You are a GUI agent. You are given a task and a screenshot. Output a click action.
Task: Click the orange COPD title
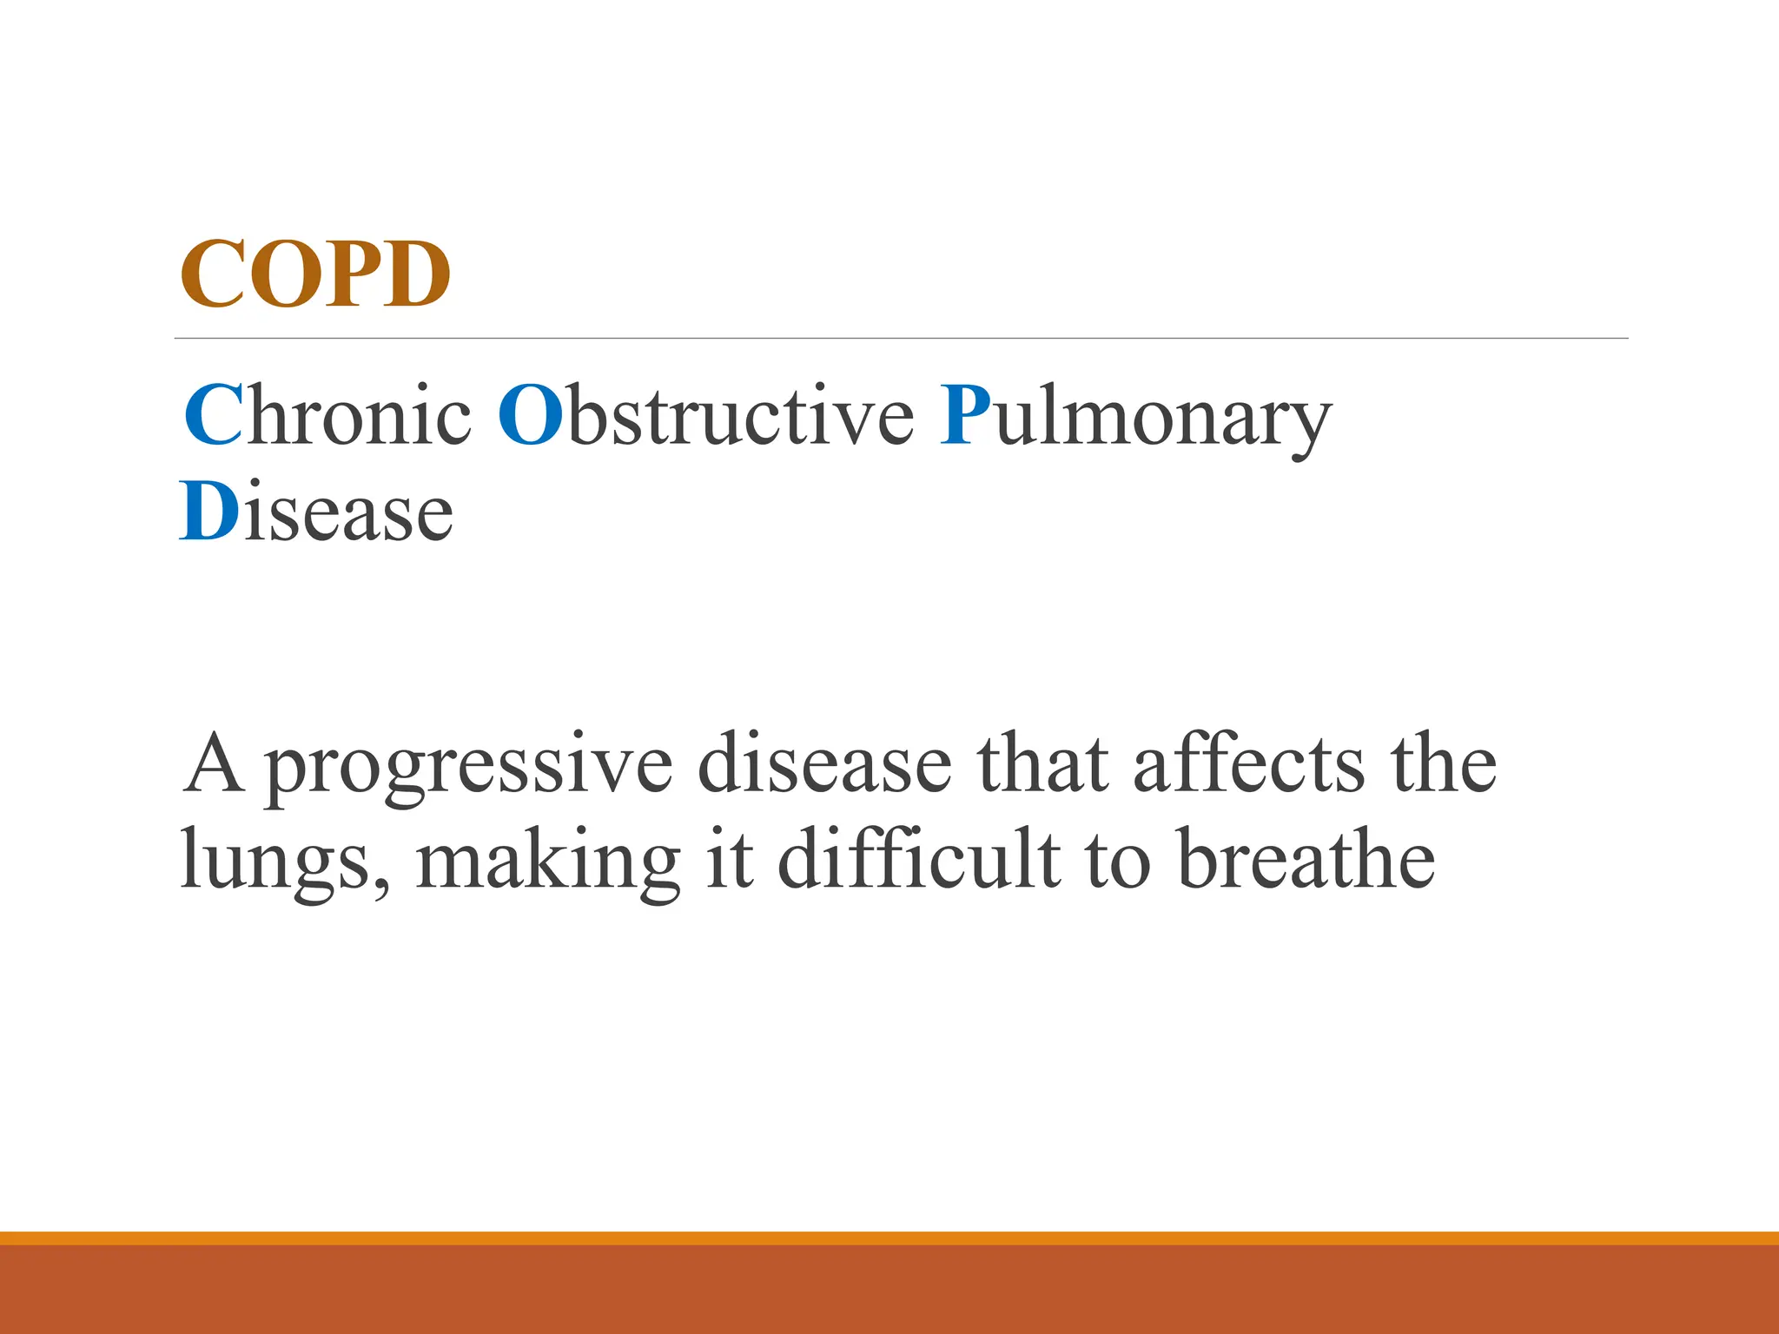pyautogui.click(x=314, y=274)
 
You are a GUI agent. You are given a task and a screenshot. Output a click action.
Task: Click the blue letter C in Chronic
pyautogui.click(x=213, y=415)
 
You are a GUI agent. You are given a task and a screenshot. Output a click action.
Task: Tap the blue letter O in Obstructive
pyautogui.click(x=531, y=415)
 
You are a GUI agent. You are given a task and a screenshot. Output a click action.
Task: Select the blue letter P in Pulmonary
pyautogui.click(x=965, y=415)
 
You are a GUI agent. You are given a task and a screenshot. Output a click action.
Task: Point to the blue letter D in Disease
pyautogui.click(x=209, y=512)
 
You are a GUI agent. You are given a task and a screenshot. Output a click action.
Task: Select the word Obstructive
pyautogui.click(x=705, y=415)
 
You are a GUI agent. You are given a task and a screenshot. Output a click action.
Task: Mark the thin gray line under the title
pyautogui.click(x=901, y=338)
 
